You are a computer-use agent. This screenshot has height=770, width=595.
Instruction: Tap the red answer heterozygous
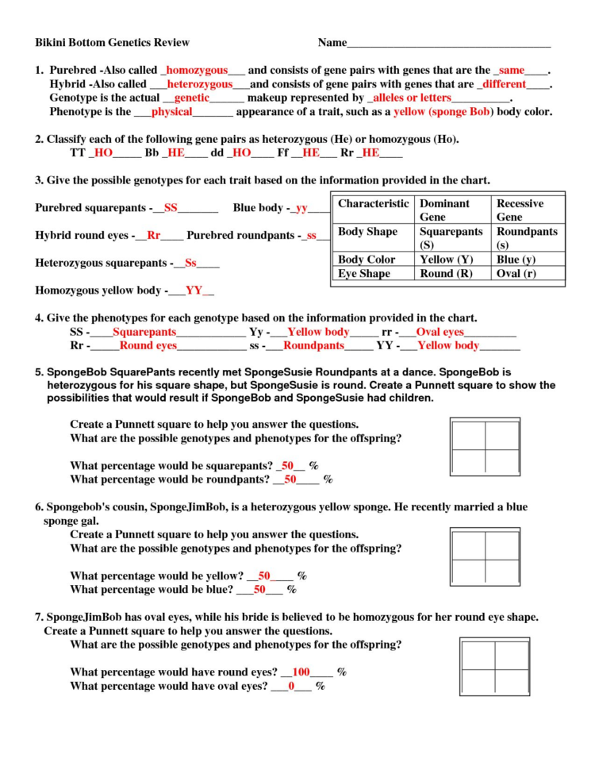click(200, 83)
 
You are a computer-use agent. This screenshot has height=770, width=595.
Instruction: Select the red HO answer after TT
click(103, 153)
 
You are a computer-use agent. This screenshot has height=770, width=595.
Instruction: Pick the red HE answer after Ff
click(310, 153)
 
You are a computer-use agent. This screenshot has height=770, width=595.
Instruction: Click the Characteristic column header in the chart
click(373, 204)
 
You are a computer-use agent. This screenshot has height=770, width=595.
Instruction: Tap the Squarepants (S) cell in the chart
click(451, 238)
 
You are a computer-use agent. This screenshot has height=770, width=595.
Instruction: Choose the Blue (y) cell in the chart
click(516, 260)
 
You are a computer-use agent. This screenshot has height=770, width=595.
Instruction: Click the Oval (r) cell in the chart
click(516, 274)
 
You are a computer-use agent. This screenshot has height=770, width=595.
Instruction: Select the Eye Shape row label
click(364, 274)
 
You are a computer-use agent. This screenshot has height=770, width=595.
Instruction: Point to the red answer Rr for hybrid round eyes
click(154, 236)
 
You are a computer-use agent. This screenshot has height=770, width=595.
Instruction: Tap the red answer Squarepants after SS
click(144, 333)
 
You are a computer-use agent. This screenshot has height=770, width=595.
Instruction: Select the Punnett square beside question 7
click(493, 668)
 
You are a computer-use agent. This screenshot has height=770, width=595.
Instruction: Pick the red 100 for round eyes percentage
click(301, 672)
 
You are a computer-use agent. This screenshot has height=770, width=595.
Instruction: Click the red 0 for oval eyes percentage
click(291, 686)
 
